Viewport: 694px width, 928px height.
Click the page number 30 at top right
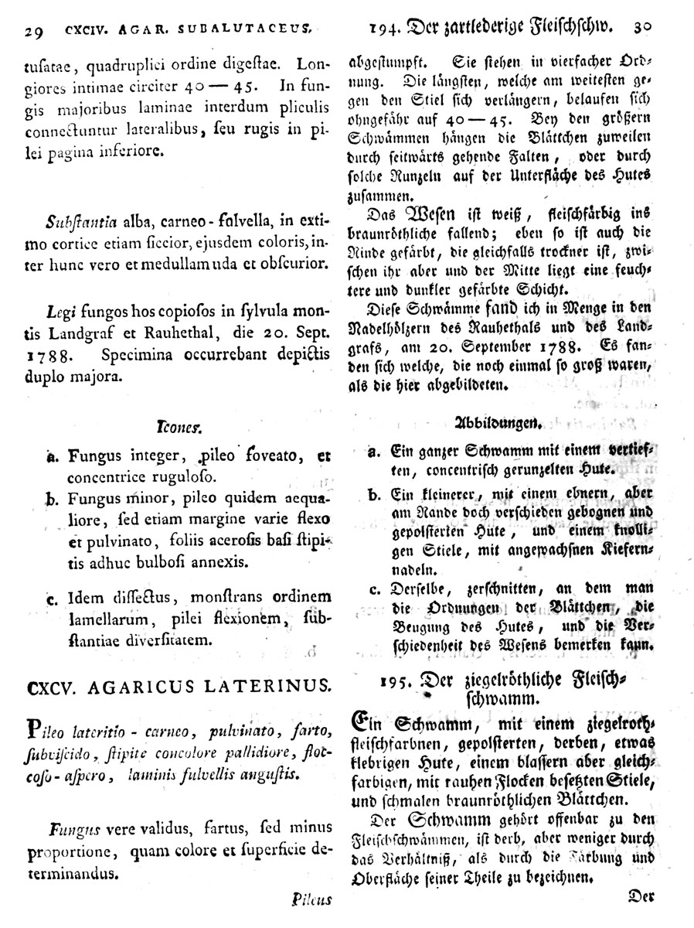[x=642, y=26]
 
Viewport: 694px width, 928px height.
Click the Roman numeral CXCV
[x=53, y=685]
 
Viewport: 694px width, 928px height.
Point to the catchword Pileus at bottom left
[x=311, y=899]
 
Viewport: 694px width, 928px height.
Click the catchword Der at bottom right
[x=642, y=896]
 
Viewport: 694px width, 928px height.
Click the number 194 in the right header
[x=384, y=29]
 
